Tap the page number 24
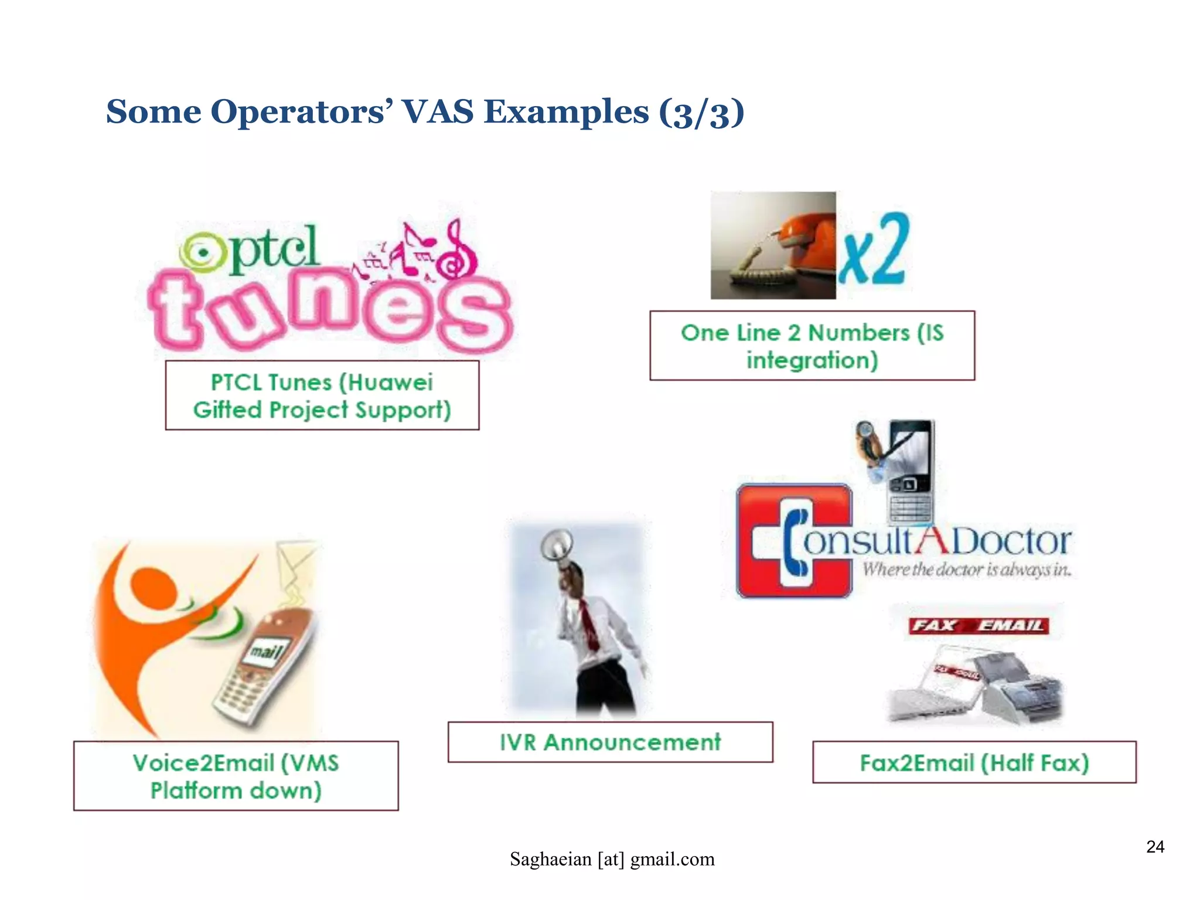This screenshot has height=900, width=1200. point(1155,847)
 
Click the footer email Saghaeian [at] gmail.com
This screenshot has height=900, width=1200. point(612,859)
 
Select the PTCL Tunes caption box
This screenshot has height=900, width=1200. point(322,396)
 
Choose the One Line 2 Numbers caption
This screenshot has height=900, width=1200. point(812,346)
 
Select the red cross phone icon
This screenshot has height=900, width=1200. point(794,540)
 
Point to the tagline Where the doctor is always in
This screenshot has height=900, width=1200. point(966,570)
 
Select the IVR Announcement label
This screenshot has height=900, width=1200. point(610,742)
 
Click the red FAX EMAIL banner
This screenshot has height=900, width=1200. point(979,625)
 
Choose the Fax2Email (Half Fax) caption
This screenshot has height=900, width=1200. point(974,762)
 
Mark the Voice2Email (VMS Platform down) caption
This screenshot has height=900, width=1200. point(236,776)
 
